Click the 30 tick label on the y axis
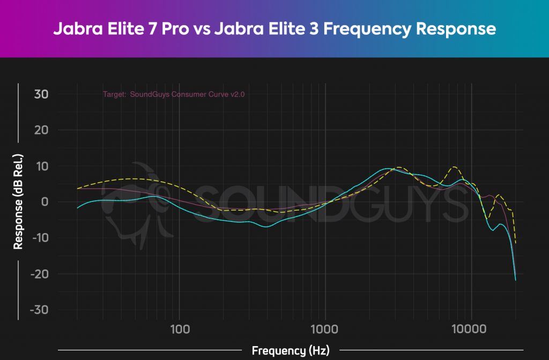click(41, 94)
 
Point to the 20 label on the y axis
click(41, 130)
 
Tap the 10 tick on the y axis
click(42, 166)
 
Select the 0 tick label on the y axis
click(45, 202)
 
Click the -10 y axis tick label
click(39, 238)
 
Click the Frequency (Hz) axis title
click(291, 351)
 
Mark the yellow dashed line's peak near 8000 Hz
click(455, 167)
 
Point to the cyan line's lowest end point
click(515, 280)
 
